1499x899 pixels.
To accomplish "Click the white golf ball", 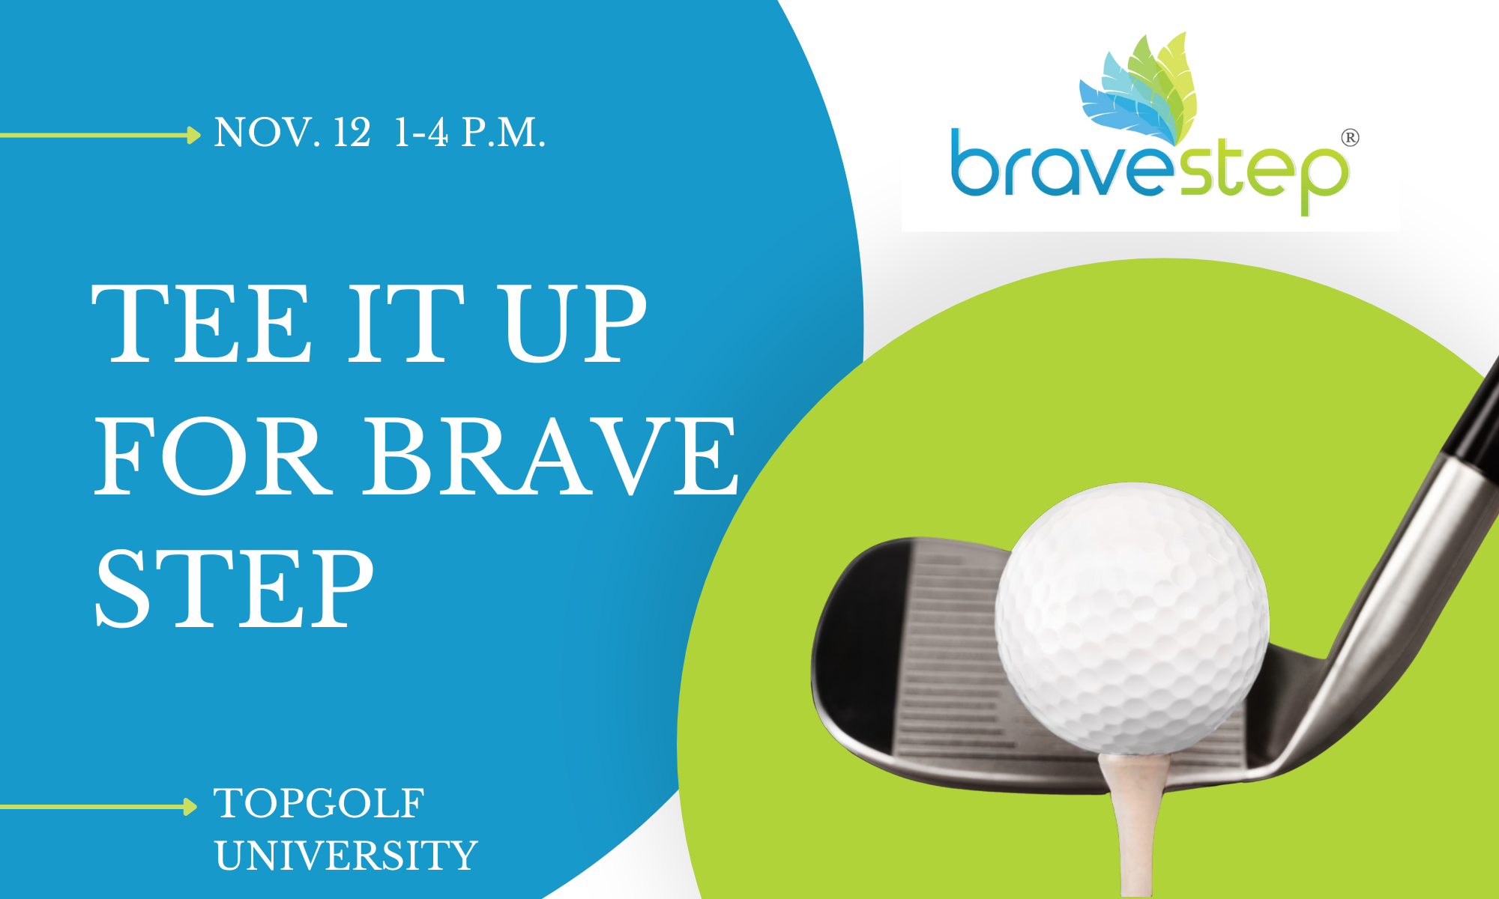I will coord(1132,618).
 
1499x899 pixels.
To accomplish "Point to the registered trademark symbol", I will coord(1349,138).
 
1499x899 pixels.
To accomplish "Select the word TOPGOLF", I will coord(319,804).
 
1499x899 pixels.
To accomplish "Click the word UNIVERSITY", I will coord(346,856).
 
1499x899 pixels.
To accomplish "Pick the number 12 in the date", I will coord(352,133).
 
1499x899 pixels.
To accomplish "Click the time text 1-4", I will coord(420,133).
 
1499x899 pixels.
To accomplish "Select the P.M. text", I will coord(503,133).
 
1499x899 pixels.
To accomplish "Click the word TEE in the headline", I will coord(201,324).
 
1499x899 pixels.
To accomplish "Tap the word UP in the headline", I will coord(573,324).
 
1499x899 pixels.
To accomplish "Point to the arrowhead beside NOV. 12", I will coord(194,135).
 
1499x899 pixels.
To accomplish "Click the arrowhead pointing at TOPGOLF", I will coord(190,807).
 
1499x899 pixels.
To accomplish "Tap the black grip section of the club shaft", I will coord(1473,420).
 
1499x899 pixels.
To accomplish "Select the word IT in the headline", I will coord(405,324).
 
